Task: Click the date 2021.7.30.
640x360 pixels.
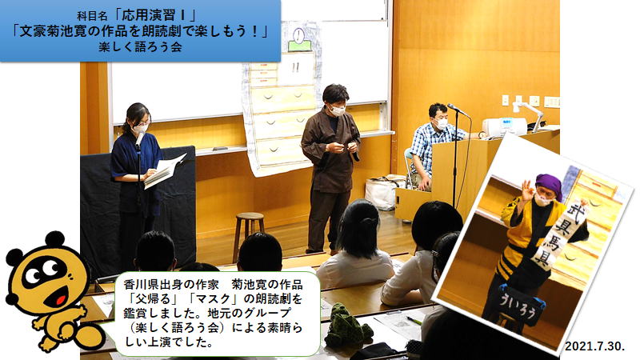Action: click(x=594, y=346)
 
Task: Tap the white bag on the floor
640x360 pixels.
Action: click(x=382, y=193)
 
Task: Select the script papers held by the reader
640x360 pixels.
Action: click(x=163, y=171)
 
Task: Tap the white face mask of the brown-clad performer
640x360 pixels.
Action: click(x=338, y=110)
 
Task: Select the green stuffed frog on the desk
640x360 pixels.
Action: click(x=346, y=327)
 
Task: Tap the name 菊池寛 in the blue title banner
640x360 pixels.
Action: click(x=62, y=31)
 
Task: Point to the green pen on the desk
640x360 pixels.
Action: click(x=414, y=321)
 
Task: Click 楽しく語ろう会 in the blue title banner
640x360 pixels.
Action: click(x=140, y=47)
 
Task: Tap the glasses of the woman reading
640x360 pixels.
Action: click(x=140, y=122)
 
